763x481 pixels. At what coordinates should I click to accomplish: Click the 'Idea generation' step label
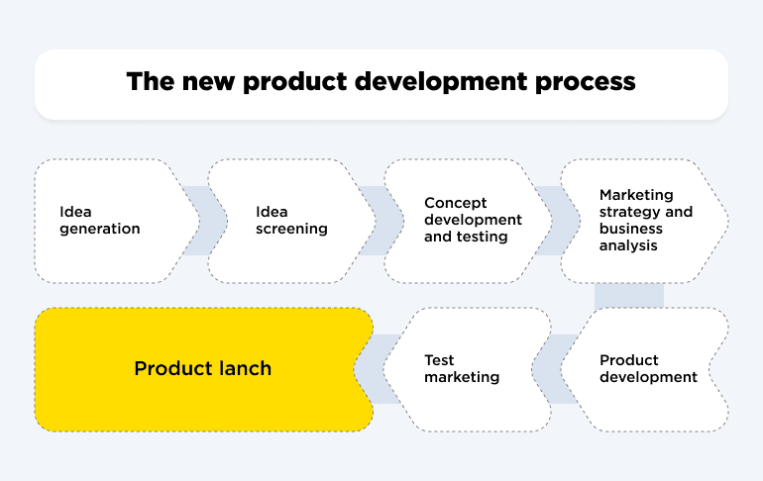tap(99, 220)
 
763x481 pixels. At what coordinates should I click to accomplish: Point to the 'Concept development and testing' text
tap(473, 220)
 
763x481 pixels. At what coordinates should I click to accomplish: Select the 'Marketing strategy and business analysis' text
tap(646, 220)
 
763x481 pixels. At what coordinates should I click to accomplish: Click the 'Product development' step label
tap(648, 368)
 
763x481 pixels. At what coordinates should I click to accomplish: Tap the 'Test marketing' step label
tap(462, 368)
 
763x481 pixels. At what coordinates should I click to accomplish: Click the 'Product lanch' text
tap(202, 368)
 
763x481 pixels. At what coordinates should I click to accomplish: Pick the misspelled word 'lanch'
tap(245, 368)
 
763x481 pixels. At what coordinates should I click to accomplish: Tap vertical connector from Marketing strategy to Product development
tap(628, 295)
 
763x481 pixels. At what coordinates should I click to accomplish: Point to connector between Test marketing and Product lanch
tap(379, 368)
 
